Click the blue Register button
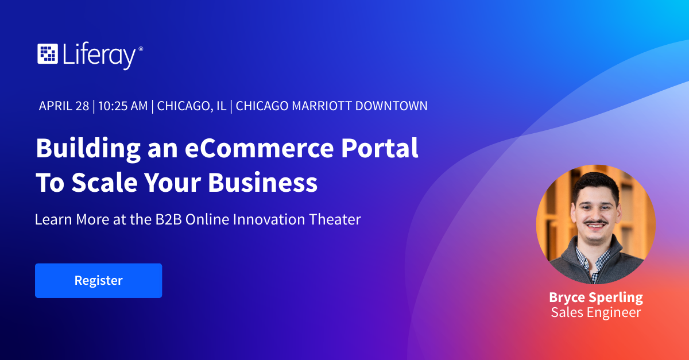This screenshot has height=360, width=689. click(x=98, y=280)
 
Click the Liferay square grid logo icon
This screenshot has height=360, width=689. click(x=48, y=54)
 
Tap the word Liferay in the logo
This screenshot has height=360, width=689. click(x=99, y=56)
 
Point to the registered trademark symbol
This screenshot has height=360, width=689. click(x=141, y=49)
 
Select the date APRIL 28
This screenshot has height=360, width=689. click(x=64, y=106)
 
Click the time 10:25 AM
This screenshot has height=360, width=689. click(x=123, y=106)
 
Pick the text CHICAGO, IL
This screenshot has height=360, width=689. click(x=192, y=106)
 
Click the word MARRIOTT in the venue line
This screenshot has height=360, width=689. click(x=322, y=106)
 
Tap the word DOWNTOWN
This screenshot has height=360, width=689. click(x=391, y=106)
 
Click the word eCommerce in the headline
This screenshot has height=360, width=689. click(x=259, y=148)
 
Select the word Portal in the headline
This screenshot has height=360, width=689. click(x=380, y=148)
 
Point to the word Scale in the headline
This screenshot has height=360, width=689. click(x=104, y=183)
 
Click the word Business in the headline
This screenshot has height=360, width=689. click(x=263, y=183)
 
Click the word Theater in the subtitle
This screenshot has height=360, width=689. click(x=335, y=219)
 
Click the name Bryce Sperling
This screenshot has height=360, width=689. click(x=596, y=297)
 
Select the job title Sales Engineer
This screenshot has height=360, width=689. click(x=596, y=312)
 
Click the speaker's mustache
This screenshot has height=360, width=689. click(x=596, y=222)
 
